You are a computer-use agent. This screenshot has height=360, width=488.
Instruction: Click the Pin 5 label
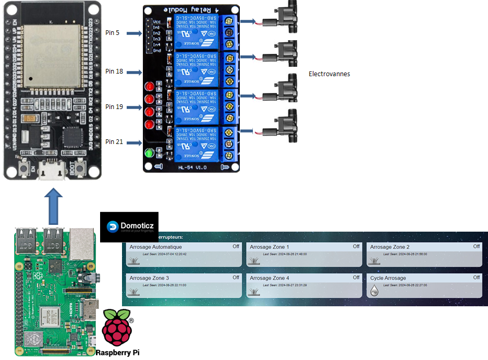[112, 33]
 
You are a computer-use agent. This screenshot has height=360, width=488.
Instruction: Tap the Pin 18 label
[114, 71]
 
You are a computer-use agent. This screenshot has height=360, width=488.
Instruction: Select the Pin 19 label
[114, 106]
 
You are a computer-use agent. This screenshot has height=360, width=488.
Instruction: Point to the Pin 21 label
[114, 141]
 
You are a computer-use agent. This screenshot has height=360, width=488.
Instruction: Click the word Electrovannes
[329, 74]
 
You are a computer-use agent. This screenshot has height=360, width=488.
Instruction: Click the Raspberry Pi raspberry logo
[117, 327]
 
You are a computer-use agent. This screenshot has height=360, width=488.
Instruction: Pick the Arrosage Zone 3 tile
[184, 285]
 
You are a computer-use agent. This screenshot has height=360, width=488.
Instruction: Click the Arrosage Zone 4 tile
[304, 285]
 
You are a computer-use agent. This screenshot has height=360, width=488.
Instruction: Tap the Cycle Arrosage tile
[424, 285]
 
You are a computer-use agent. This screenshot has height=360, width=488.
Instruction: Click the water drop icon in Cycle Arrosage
[375, 292]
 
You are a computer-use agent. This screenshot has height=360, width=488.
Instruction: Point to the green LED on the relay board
[150, 153]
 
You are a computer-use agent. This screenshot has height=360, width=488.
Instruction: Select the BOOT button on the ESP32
[80, 168]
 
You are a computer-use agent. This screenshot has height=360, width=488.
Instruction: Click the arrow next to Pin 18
[135, 71]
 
